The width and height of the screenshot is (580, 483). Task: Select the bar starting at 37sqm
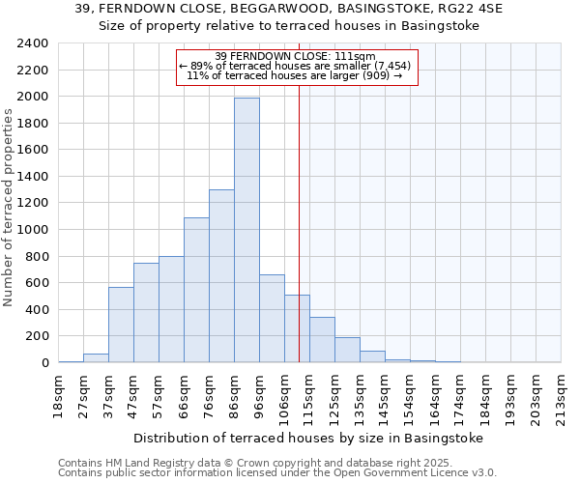coord(121,325)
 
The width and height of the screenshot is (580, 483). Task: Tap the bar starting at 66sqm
coord(196,290)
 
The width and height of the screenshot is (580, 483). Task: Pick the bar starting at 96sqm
coord(272,319)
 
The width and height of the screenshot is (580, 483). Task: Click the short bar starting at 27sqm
coord(96,358)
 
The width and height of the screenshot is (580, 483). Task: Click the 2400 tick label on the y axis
coord(32,43)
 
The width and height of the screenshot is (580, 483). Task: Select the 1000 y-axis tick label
coord(32,230)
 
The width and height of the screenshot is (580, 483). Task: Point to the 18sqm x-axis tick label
coord(59,394)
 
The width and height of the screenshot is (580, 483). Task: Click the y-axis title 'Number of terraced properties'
coord(9,207)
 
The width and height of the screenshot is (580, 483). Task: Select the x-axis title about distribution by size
coord(306,438)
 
